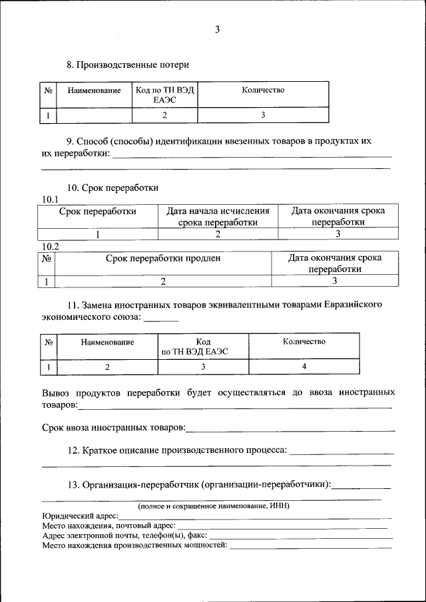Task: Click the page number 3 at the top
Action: point(217,30)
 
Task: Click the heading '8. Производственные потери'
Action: point(128,65)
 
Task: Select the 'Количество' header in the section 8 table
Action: point(263,90)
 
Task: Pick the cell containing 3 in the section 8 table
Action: point(263,115)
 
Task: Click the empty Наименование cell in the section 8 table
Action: point(95,115)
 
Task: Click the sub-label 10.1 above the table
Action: point(51,200)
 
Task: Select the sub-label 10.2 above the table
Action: point(51,246)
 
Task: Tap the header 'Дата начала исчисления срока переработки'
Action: point(218,216)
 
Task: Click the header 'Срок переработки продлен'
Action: point(163,258)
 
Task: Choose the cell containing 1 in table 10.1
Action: point(98,234)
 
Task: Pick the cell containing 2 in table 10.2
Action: point(163,281)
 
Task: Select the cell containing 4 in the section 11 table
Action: point(304,367)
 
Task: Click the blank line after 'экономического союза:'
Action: point(161,318)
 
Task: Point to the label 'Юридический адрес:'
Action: point(81,516)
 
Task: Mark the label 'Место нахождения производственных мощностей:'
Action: point(134,545)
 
